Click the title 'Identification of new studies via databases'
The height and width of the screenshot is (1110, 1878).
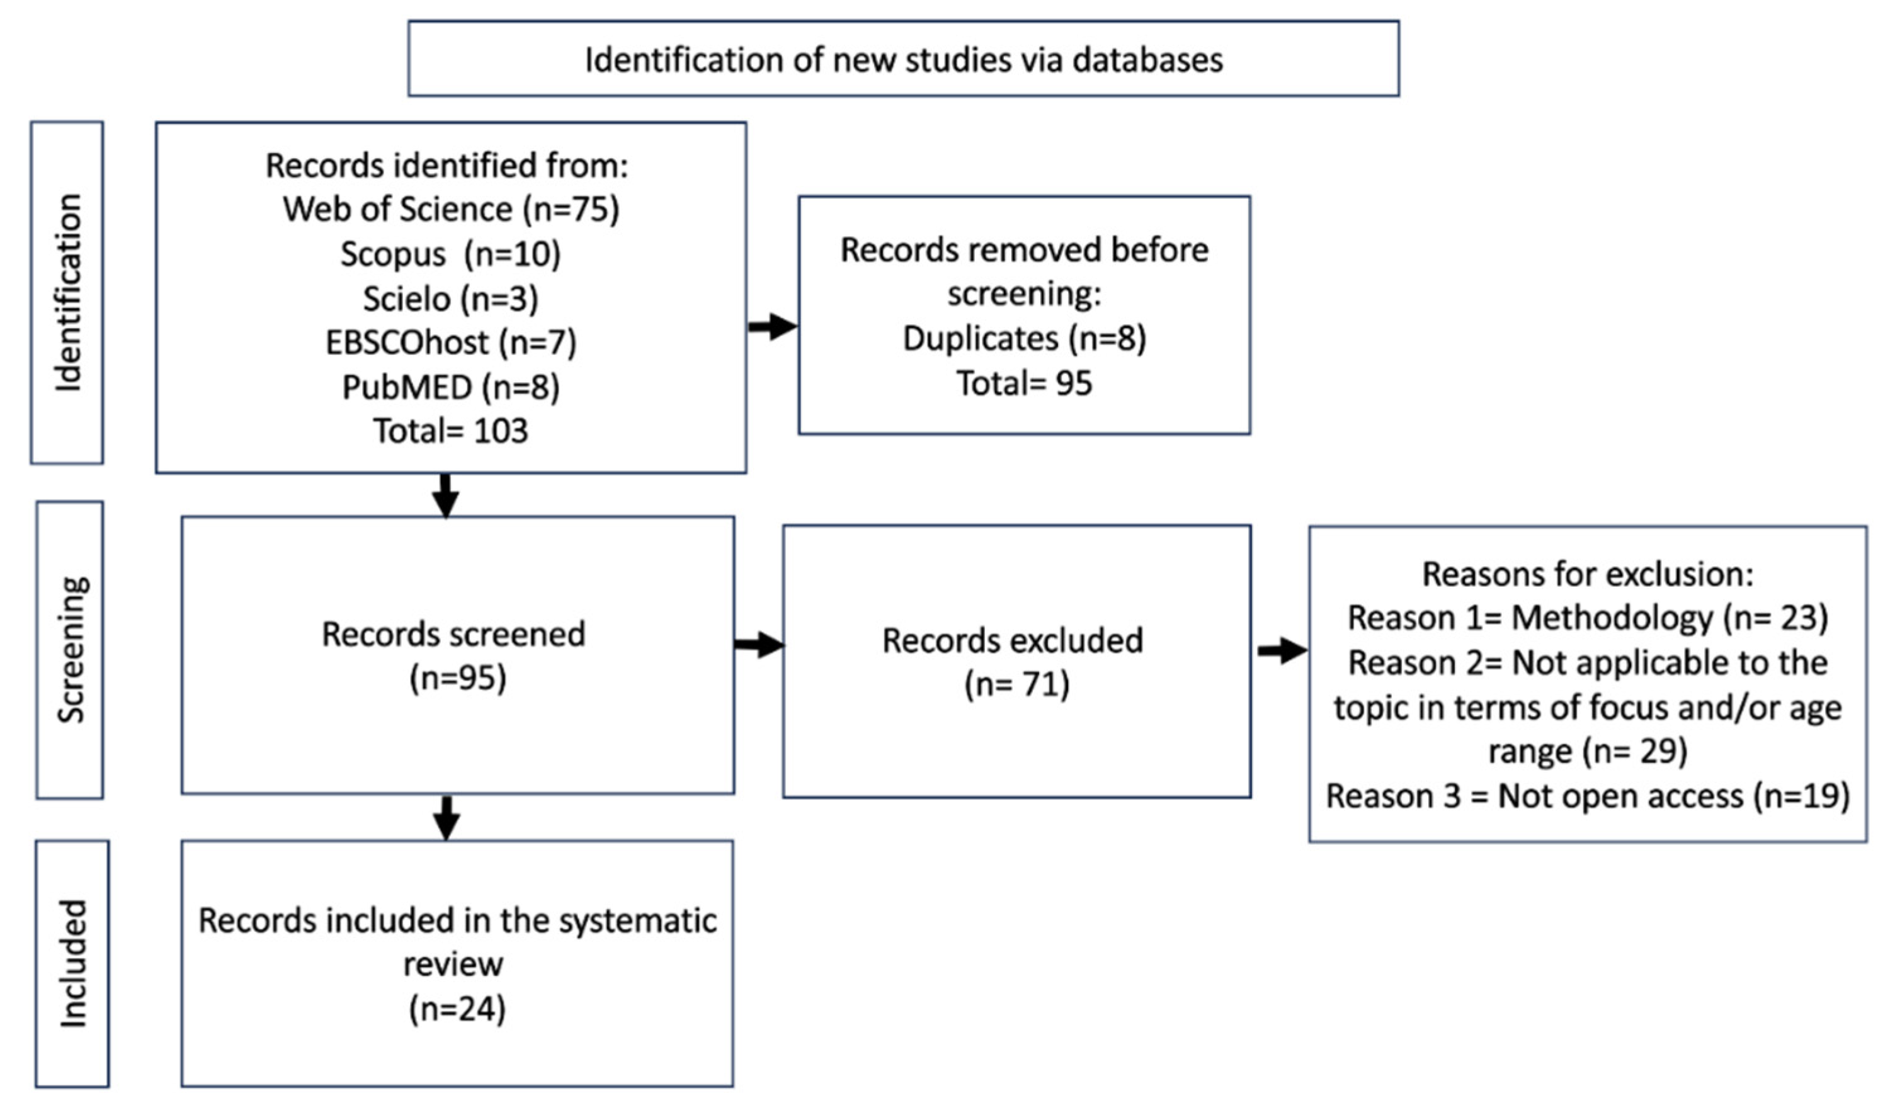[903, 60]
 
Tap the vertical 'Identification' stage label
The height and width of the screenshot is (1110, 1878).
[68, 293]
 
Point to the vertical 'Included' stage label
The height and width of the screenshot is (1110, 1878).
[73, 963]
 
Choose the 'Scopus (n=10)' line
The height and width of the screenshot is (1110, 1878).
[450, 254]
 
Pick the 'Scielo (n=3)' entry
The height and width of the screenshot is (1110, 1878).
[450, 298]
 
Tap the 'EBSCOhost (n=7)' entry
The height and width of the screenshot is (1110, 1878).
[450, 343]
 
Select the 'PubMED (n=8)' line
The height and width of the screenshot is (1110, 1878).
[450, 387]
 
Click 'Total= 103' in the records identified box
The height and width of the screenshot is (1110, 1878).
[450, 431]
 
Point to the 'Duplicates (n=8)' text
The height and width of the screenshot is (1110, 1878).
[1024, 338]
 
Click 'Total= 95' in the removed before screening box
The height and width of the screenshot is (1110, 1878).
[1024, 383]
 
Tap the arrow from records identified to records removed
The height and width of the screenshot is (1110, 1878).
[773, 326]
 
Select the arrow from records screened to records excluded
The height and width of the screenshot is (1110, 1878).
[759, 644]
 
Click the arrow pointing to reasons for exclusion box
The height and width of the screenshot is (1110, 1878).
[1282, 650]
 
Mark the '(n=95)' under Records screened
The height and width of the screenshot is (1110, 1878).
[458, 677]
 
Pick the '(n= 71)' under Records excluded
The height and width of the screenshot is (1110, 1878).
[1017, 684]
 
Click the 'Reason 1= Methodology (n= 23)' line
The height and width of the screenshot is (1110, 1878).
[1588, 618]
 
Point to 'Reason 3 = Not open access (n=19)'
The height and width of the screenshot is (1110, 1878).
[1588, 796]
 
